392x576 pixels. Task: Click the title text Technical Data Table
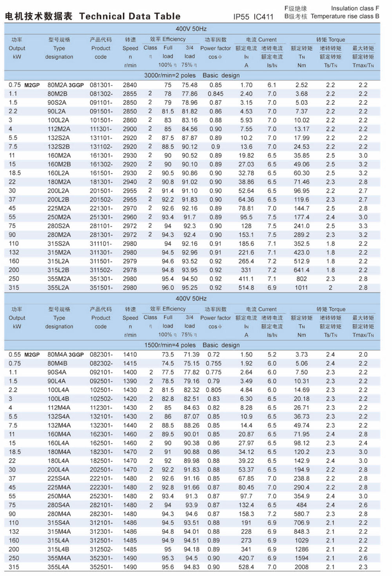click(x=130, y=16)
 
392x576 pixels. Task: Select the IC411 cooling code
click(x=263, y=17)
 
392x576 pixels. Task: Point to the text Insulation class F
click(x=355, y=8)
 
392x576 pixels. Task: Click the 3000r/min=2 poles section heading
click(x=170, y=75)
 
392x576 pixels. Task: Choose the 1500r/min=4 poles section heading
click(x=170, y=345)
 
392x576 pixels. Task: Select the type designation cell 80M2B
click(x=58, y=94)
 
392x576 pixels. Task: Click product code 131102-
click(x=101, y=147)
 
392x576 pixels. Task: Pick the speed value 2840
click(x=130, y=85)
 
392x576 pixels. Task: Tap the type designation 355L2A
click(x=58, y=288)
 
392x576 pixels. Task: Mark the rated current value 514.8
click(x=246, y=288)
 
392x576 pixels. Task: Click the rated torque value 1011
click(x=301, y=288)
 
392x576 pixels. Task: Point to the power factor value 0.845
click(x=216, y=94)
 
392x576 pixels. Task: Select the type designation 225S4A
click(x=59, y=478)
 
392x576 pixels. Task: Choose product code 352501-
click(x=101, y=567)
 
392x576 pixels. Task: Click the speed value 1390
click(x=130, y=381)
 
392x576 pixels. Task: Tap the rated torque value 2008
click(x=301, y=567)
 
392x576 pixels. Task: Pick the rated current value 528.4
click(x=246, y=567)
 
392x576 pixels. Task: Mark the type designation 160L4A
click(x=59, y=443)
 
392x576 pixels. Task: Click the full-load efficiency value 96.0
click(x=168, y=288)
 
